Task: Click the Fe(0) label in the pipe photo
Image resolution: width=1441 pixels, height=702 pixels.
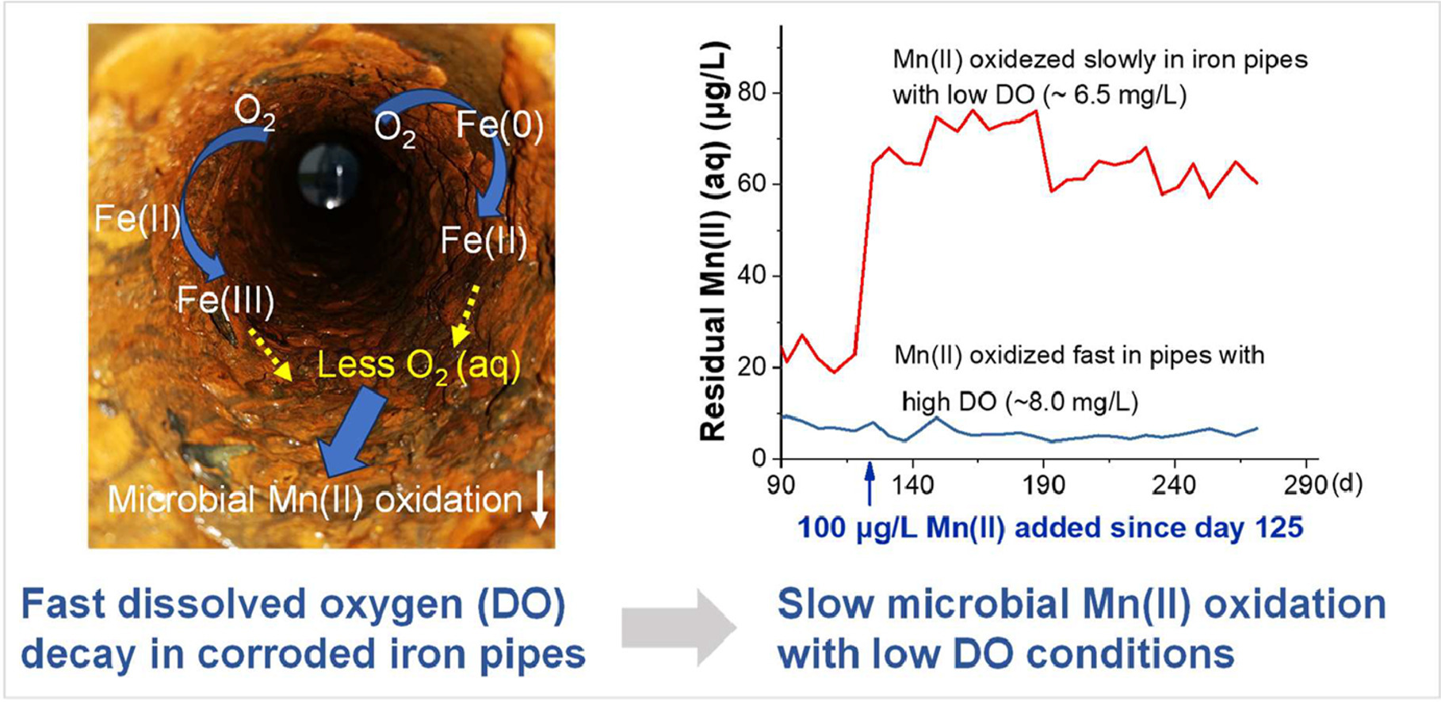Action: click(499, 127)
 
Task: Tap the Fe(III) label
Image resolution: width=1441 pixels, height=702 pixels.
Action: click(225, 300)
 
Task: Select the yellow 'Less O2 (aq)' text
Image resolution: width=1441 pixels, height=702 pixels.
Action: click(419, 365)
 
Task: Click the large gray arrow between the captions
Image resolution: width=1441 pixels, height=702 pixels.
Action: click(678, 628)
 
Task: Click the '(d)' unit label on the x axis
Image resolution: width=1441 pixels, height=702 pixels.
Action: click(1346, 483)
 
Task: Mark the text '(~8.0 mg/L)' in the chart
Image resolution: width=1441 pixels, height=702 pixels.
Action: click(1072, 403)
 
